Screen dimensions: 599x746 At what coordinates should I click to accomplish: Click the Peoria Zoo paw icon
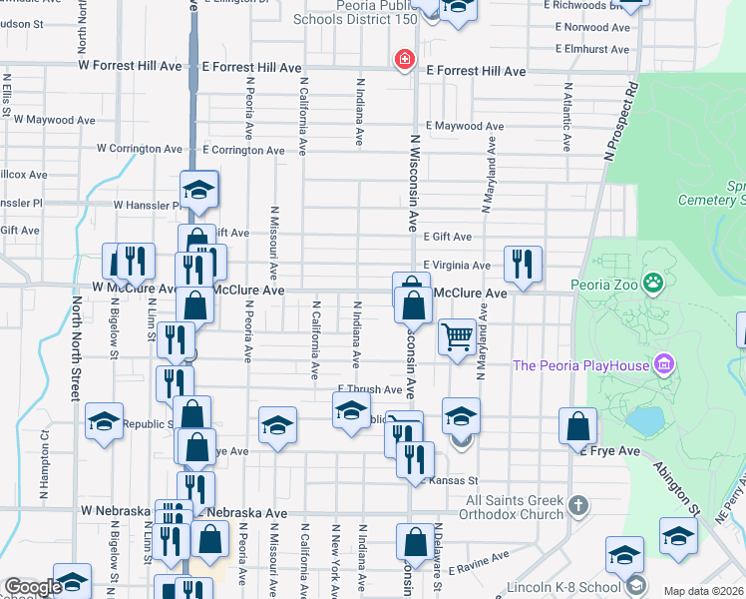point(653,283)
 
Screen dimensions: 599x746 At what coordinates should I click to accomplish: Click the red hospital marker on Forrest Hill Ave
point(405,60)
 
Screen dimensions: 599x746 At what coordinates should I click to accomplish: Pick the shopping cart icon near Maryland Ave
point(457,336)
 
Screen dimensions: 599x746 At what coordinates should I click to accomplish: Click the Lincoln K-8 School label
point(553,585)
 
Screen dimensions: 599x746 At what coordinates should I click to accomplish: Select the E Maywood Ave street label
point(460,127)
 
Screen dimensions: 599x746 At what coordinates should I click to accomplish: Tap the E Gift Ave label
point(447,237)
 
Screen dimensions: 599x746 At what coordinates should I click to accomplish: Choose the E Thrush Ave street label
point(369,389)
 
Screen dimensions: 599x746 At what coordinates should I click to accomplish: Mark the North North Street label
point(74,346)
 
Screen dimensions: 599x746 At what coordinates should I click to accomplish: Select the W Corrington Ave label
point(140,149)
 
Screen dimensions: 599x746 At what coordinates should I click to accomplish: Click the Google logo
point(33,587)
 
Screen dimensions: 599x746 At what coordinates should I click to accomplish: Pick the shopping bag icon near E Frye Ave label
point(577,426)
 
